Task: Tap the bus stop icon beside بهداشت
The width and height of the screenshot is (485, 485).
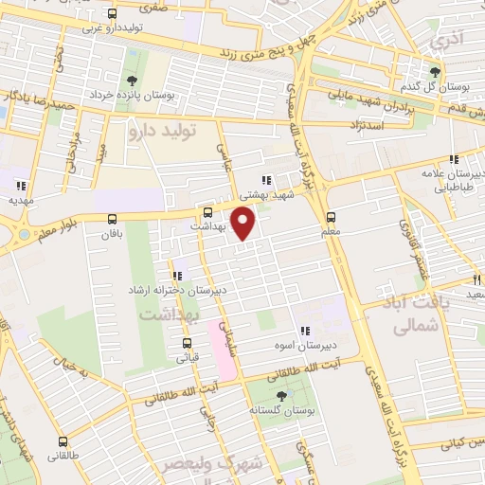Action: click(208, 212)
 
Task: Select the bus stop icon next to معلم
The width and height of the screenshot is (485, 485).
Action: click(344, 215)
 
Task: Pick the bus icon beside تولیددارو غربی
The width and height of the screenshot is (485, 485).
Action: click(113, 14)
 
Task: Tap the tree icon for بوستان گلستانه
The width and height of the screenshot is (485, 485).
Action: click(280, 397)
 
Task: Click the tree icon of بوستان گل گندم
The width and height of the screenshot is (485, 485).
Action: click(436, 71)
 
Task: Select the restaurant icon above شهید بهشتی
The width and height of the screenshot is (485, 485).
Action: click(267, 179)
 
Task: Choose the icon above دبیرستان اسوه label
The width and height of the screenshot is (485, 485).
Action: click(304, 331)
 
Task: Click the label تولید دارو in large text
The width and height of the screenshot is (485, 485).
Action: click(162, 133)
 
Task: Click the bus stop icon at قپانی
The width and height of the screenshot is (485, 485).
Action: click(186, 344)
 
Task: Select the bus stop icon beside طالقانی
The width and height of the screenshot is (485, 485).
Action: click(63, 441)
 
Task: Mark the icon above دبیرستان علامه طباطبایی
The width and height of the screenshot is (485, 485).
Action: click(454, 158)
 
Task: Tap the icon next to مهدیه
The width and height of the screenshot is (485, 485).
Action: click(21, 185)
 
